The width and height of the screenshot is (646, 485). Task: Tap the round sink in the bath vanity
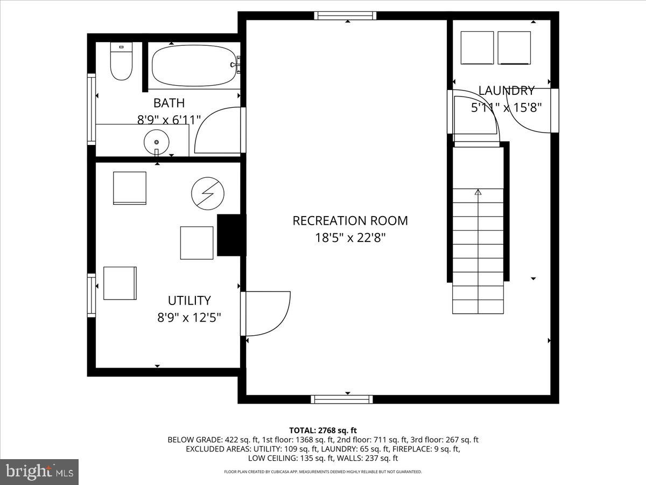click(157, 142)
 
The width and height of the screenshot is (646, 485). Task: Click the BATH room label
click(169, 103)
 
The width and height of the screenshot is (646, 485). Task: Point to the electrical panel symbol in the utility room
click(208, 193)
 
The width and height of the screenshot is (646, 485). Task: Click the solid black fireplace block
click(230, 235)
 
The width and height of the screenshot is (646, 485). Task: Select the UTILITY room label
click(189, 301)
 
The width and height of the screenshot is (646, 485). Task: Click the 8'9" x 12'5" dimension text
click(189, 318)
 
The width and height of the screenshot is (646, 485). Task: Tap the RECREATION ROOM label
click(350, 220)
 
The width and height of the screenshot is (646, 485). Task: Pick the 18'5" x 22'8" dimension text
click(350, 238)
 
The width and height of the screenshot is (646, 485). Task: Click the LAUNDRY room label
click(506, 91)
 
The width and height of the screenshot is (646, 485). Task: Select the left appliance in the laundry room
click(478, 48)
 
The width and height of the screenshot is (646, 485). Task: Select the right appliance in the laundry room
click(514, 48)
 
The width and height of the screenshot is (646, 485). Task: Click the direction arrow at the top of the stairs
click(478, 191)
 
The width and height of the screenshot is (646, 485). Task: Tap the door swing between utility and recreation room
click(266, 313)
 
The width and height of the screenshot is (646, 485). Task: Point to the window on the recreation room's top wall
click(345, 16)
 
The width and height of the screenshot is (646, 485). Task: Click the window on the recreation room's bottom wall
click(342, 399)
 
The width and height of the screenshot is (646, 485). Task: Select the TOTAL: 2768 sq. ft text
click(323, 430)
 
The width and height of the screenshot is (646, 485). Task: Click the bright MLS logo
click(39, 472)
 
